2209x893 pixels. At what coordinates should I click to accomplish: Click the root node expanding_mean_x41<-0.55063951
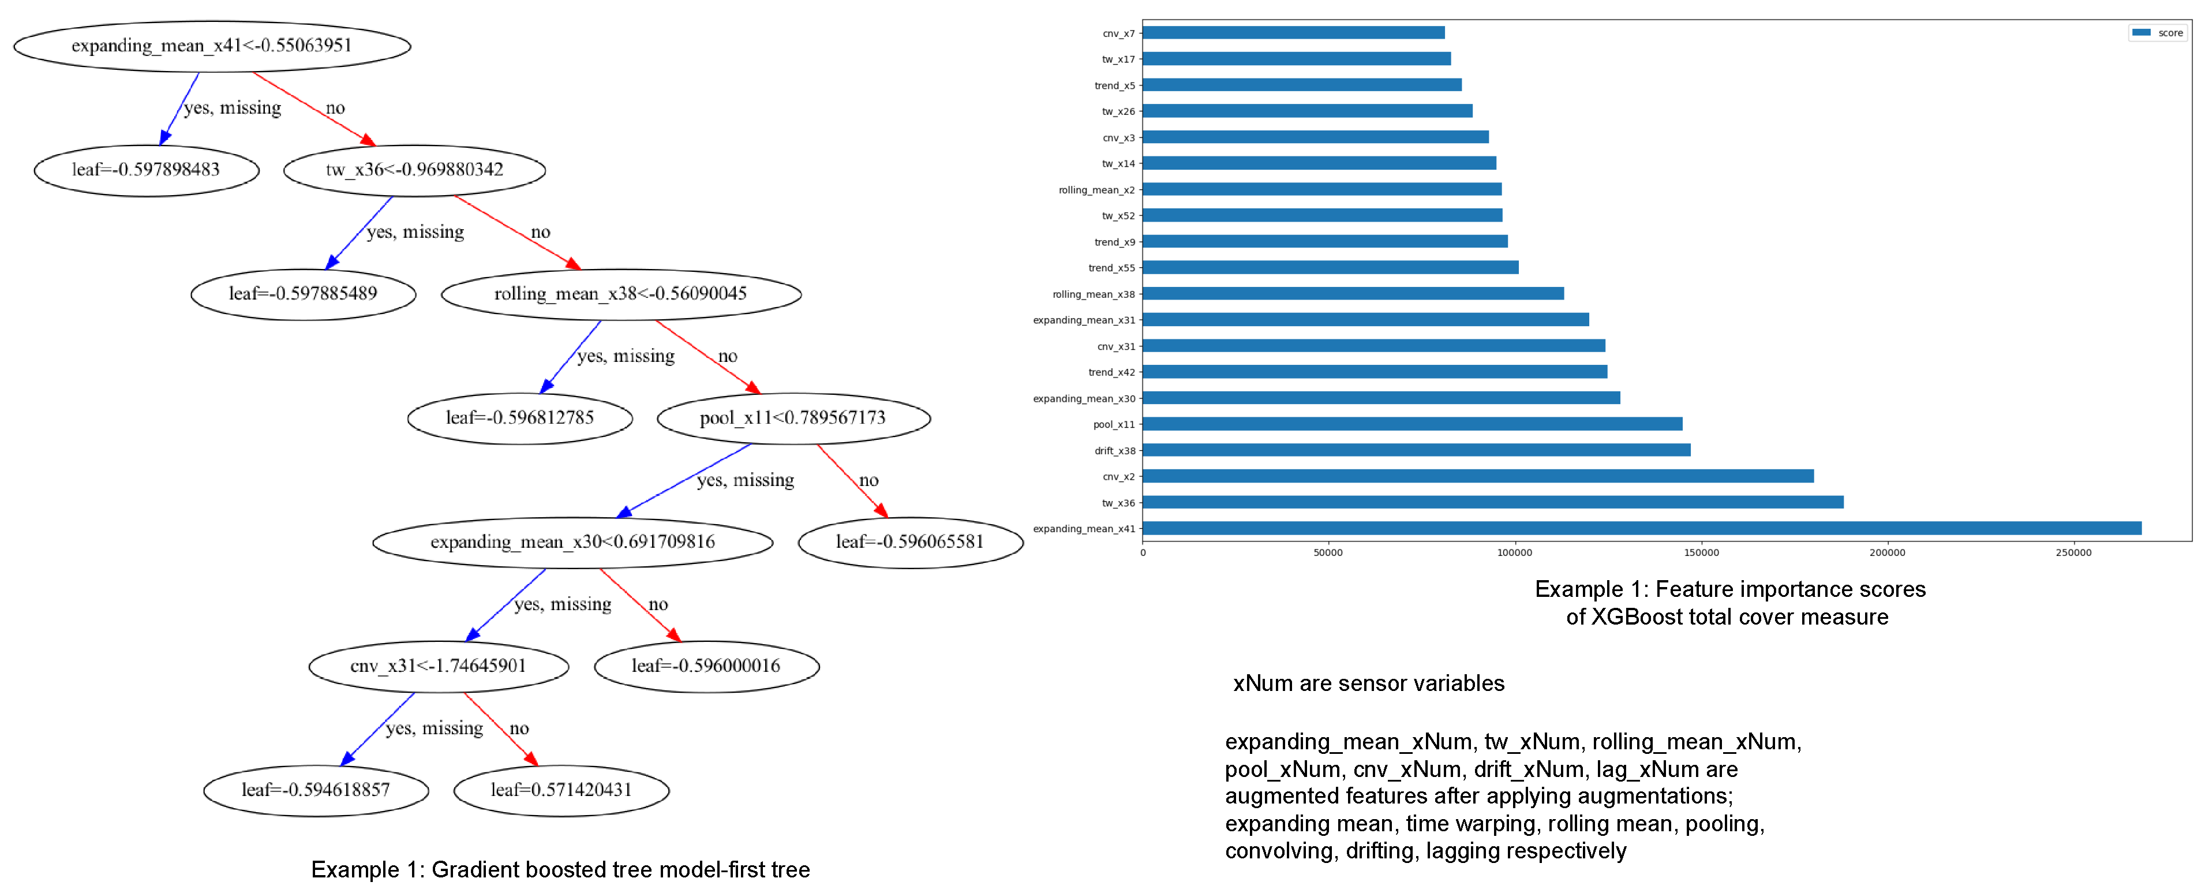212,46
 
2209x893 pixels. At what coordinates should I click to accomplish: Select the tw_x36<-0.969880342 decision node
414,170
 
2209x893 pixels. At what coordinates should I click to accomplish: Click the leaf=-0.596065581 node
910,542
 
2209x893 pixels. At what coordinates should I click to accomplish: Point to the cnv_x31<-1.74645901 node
438,666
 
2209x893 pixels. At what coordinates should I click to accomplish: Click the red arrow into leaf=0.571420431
501,730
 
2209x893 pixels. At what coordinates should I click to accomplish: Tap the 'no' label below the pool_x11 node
868,480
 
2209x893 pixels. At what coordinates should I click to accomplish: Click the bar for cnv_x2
1477,476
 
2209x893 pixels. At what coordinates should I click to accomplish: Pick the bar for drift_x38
1415,450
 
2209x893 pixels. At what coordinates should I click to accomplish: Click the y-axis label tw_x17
1118,59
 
